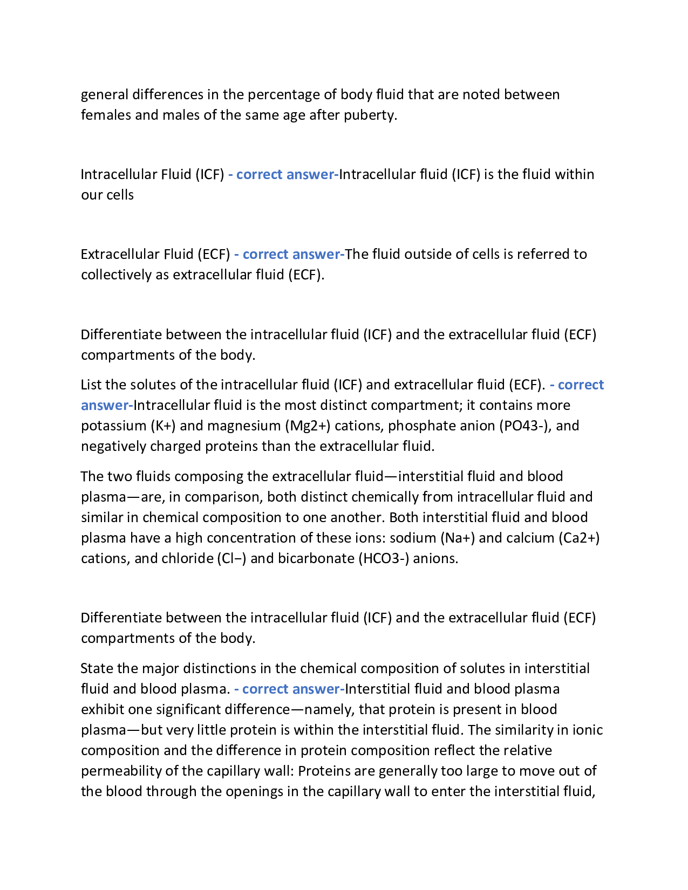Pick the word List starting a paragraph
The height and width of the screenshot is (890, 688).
point(91,385)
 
